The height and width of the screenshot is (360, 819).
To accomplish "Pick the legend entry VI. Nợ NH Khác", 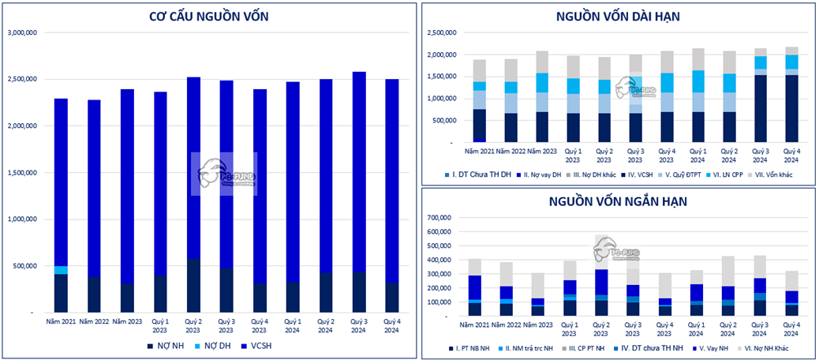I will coord(776,346).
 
